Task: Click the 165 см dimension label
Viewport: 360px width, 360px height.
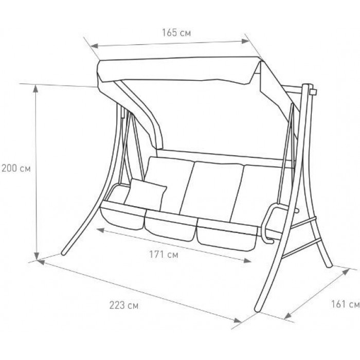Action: [x=176, y=33]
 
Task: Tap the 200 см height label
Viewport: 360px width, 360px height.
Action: [x=16, y=169]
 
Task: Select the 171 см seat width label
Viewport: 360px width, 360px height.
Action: [x=164, y=255]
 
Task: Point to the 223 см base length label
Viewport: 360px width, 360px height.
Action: [x=124, y=305]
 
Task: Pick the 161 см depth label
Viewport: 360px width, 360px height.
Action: [x=345, y=304]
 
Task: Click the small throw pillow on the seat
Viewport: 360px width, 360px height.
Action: [x=146, y=195]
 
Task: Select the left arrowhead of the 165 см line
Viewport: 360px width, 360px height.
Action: [x=95, y=46]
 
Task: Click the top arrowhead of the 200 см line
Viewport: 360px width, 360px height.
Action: [x=35, y=88]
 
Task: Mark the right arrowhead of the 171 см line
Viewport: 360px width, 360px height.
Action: [x=247, y=261]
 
